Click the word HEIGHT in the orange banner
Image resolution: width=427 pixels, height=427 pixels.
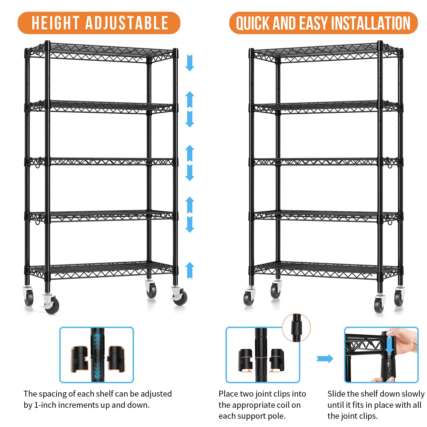[x=55, y=23]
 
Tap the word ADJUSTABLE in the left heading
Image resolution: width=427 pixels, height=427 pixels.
[x=127, y=23]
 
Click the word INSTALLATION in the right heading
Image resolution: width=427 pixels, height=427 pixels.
[x=373, y=23]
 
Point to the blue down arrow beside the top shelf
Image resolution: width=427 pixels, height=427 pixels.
[x=189, y=63]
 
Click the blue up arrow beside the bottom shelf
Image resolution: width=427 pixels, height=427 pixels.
[x=189, y=270]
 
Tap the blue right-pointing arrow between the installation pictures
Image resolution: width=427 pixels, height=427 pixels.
[x=325, y=359]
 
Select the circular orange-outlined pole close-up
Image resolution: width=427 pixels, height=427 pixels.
[x=296, y=328]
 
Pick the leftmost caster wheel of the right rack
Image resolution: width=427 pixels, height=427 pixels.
[x=249, y=296]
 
